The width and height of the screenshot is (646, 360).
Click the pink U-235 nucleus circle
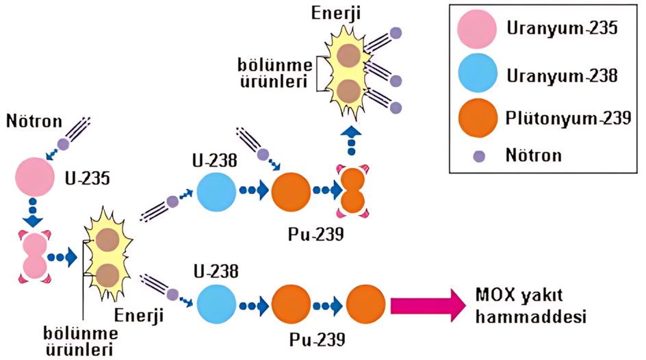pos(35,177)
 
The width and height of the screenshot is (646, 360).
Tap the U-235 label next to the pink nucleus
pos(88,179)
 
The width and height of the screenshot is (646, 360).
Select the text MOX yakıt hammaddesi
pos(530,306)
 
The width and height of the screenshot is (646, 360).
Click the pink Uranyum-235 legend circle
pos(477,29)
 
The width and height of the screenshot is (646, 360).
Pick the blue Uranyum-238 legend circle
pos(478,73)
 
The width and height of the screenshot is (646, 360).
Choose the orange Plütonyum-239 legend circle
pos(478,118)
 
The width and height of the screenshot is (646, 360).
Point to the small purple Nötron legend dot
pos(479,156)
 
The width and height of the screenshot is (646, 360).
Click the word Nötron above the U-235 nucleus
pos(34,121)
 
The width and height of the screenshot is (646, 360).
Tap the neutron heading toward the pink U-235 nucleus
pos(63,144)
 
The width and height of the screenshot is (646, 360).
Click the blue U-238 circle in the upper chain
pos(216,192)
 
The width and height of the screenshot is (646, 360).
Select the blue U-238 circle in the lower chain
pos(216,305)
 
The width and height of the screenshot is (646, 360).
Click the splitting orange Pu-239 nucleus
pos(353,191)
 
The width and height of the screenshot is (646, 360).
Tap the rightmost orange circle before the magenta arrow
pos(366,305)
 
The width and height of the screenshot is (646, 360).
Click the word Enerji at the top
pos(336,13)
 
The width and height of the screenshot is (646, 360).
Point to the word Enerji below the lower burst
pos(139,316)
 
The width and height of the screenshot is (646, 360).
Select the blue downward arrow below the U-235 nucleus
pos(33,213)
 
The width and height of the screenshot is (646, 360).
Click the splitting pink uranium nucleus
pos(35,257)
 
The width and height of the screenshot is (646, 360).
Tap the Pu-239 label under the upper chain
pos(316,234)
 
